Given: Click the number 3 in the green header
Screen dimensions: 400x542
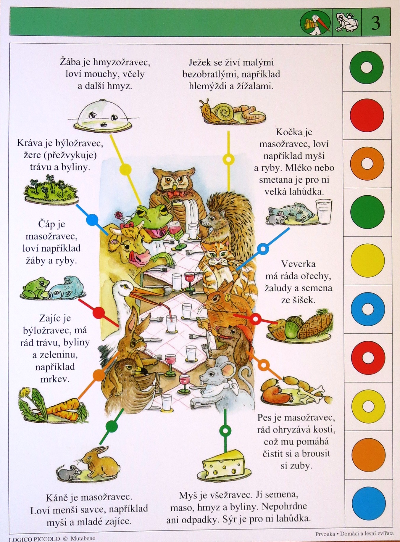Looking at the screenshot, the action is pos(375,22).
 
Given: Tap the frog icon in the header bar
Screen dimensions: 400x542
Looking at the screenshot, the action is pos(346,22).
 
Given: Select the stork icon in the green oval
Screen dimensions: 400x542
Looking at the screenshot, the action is pos(316,23).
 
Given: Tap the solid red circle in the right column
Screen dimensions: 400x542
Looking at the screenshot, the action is pos(367,115).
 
